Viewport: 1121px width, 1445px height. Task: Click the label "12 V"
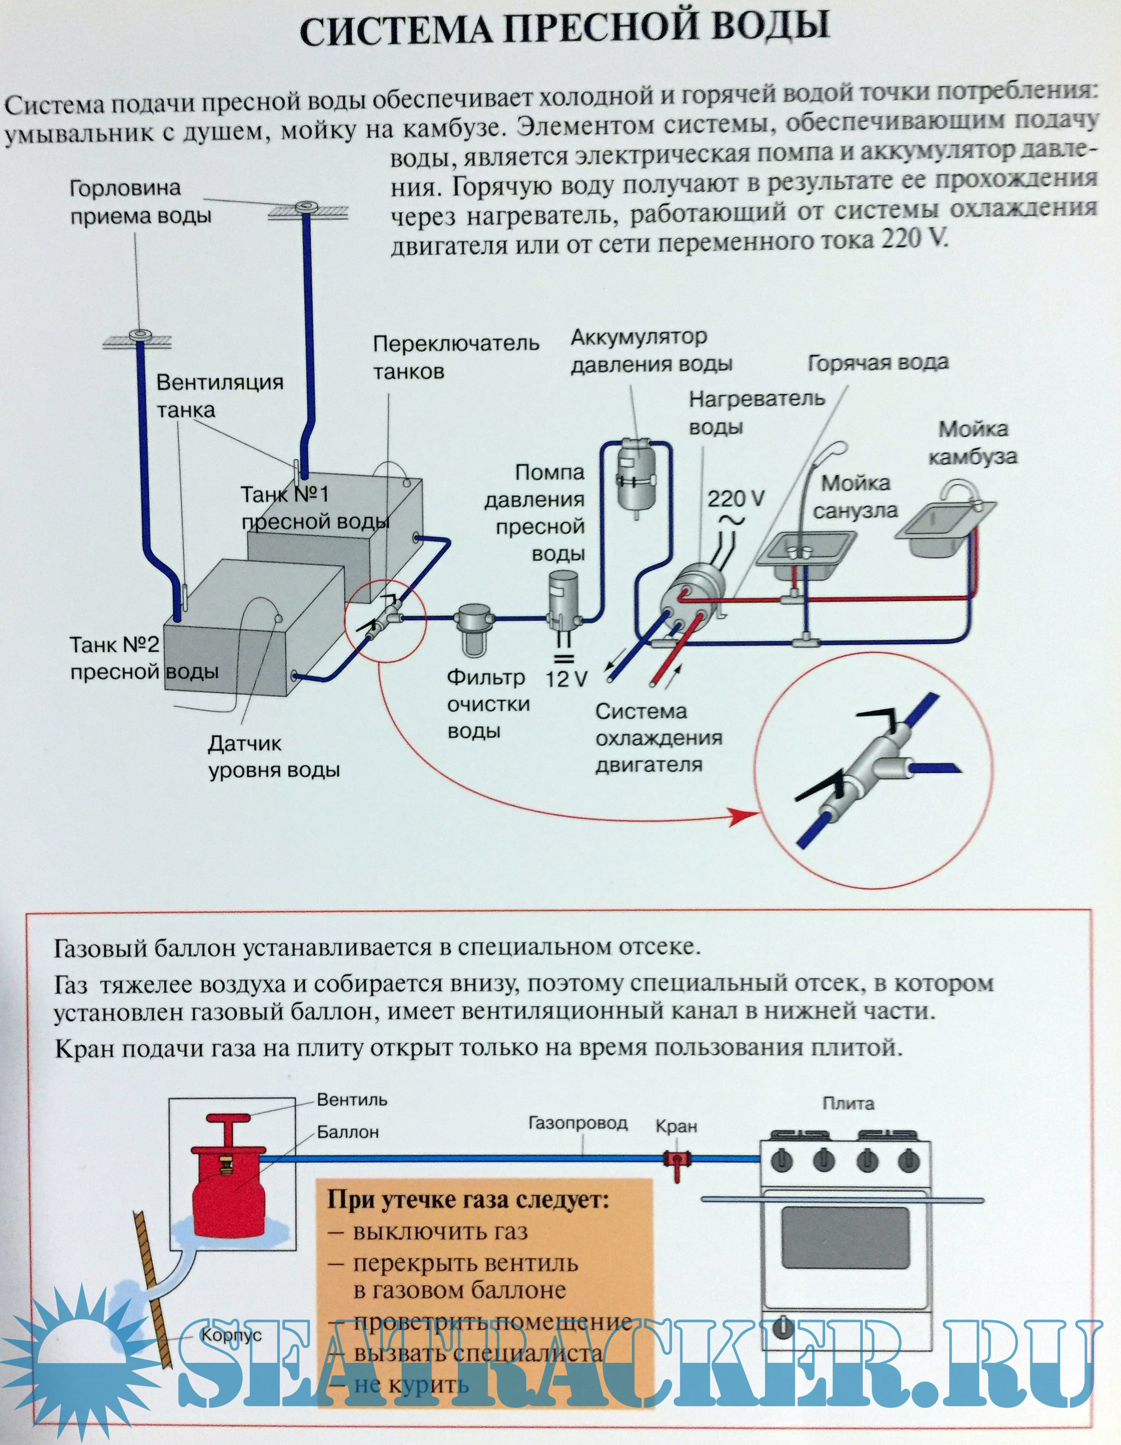[x=566, y=679]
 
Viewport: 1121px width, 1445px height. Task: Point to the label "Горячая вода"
[x=878, y=363]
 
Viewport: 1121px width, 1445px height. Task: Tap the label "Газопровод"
[x=577, y=1123]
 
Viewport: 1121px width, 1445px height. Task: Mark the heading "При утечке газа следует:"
[x=468, y=1199]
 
